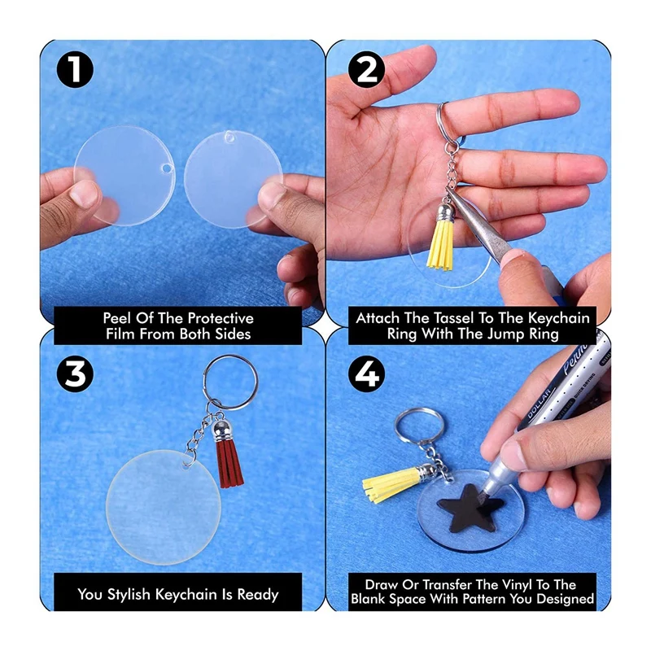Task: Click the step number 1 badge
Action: click(75, 70)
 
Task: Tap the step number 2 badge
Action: click(366, 70)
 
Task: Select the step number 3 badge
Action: click(75, 374)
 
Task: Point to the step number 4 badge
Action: click(366, 374)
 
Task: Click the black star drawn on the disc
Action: click(470, 508)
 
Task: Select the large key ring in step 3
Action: click(204, 382)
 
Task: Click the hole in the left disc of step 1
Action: click(167, 168)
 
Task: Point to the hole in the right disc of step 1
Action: click(229, 135)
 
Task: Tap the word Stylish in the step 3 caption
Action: click(129, 595)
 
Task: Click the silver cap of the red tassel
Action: click(221, 431)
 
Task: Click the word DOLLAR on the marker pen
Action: click(540, 404)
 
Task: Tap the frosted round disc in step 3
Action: click(163, 507)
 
